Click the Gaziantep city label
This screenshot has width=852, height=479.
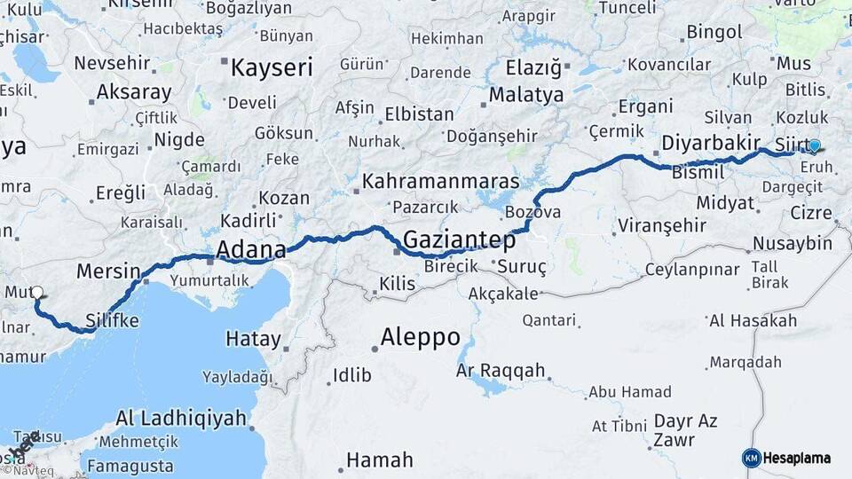coord(459,239)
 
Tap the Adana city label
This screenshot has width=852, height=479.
coord(251,249)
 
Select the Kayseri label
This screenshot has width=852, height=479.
coord(272,67)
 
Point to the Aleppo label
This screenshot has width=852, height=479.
coord(420,337)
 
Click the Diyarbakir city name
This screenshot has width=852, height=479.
coord(710,143)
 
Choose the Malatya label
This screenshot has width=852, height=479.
coord(526,94)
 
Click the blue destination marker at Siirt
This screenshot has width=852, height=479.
coord(814,147)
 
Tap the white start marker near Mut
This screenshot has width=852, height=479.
coord(36,292)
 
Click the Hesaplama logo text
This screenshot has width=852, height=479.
coord(798,458)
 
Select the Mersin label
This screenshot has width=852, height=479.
coord(108,271)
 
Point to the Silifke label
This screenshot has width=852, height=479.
coord(112,320)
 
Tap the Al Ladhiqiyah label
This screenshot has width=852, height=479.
coord(180,419)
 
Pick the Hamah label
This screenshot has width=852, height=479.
coord(379,459)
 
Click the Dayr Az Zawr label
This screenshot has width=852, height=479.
coord(685,429)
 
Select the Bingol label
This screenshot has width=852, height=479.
coord(714,32)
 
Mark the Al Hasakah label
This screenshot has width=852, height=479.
coord(753,320)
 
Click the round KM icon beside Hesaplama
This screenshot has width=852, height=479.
coord(752,458)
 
